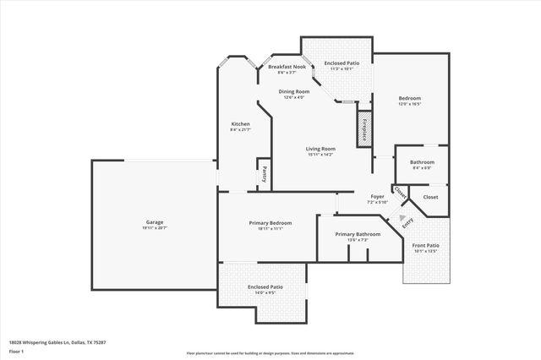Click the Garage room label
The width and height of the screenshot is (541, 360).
154,221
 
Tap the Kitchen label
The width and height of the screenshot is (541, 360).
240,123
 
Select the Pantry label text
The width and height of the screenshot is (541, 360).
264,174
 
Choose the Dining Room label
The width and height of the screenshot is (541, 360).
295,91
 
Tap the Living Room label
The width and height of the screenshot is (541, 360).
320,149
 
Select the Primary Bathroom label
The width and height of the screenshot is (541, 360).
357,234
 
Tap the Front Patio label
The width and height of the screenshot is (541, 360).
425,245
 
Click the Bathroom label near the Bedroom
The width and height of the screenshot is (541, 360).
422,161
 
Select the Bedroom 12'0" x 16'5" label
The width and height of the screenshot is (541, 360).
409,98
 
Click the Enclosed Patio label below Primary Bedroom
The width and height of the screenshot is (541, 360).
264,286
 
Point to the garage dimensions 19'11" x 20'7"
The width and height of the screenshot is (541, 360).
154,228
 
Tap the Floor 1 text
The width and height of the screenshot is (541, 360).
16,351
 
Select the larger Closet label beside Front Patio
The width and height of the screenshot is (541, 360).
430,197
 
